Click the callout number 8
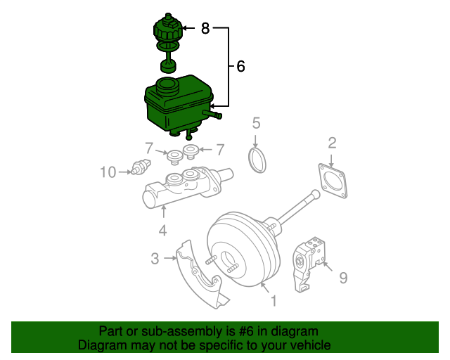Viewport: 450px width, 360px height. (205, 28)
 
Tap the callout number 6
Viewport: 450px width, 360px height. (240, 66)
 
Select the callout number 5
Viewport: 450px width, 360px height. (256, 123)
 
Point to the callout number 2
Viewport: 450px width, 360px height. (332, 143)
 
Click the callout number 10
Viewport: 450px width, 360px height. (108, 172)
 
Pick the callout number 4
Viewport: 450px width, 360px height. (162, 230)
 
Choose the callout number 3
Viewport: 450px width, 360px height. (155, 258)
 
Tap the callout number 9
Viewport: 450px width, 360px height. (343, 278)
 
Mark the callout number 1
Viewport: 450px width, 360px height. (274, 301)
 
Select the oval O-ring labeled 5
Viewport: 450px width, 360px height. (257, 160)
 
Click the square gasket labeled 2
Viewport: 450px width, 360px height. (333, 181)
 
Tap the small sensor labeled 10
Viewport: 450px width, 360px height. (141, 167)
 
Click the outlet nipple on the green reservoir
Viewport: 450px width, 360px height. (212, 114)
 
